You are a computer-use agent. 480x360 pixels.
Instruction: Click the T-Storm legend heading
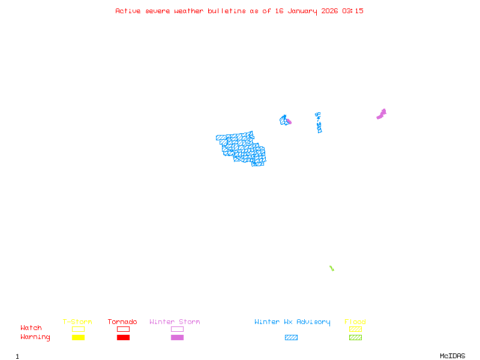77,322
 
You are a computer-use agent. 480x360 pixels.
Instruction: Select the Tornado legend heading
122,322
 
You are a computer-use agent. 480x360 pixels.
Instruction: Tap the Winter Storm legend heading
175,322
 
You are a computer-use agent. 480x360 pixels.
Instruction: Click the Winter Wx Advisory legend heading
292,322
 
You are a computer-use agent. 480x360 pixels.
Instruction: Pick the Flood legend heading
355,322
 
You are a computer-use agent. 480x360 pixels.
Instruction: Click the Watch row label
31,328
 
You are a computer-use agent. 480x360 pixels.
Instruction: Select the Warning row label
35,337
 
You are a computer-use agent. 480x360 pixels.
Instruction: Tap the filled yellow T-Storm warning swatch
78,338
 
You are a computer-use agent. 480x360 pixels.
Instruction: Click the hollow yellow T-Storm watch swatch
78,329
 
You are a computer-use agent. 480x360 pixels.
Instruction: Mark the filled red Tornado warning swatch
123,338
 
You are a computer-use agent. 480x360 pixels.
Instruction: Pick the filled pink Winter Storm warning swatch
177,338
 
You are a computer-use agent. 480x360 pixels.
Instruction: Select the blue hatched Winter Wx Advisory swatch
291,338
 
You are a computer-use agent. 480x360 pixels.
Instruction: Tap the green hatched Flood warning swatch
355,338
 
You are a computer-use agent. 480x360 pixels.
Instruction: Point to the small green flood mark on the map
331,268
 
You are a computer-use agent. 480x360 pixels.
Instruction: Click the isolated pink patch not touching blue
382,113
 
